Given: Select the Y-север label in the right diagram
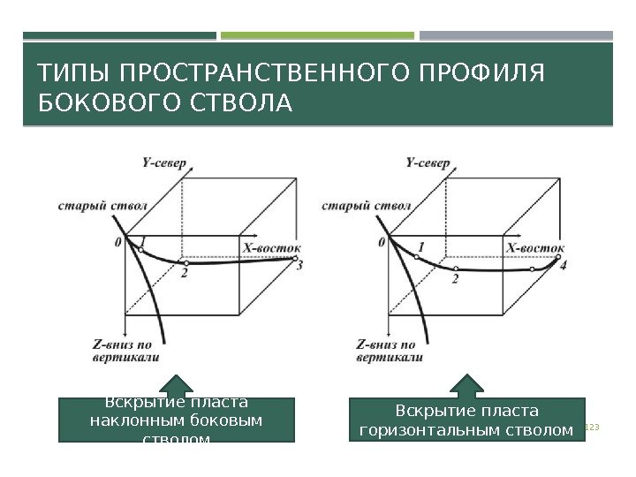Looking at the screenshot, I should pos(428,163).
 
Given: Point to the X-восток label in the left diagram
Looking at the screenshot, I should pos(272,248).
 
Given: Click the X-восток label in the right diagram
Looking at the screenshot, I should pos(535,248).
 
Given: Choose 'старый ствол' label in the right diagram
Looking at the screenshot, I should pos(353,206).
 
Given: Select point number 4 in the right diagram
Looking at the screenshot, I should pos(563,265).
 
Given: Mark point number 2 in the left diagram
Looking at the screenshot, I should pos(185,274).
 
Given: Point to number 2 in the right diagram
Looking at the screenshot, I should pos(454,279).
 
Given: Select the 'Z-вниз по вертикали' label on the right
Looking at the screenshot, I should pos(387,351).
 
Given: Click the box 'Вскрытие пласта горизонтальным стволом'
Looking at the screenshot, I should pos(467,420).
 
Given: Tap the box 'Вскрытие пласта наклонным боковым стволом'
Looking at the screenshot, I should pos(177,420).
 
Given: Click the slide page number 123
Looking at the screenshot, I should pos(593,428).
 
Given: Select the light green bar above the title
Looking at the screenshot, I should pos(317,36).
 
